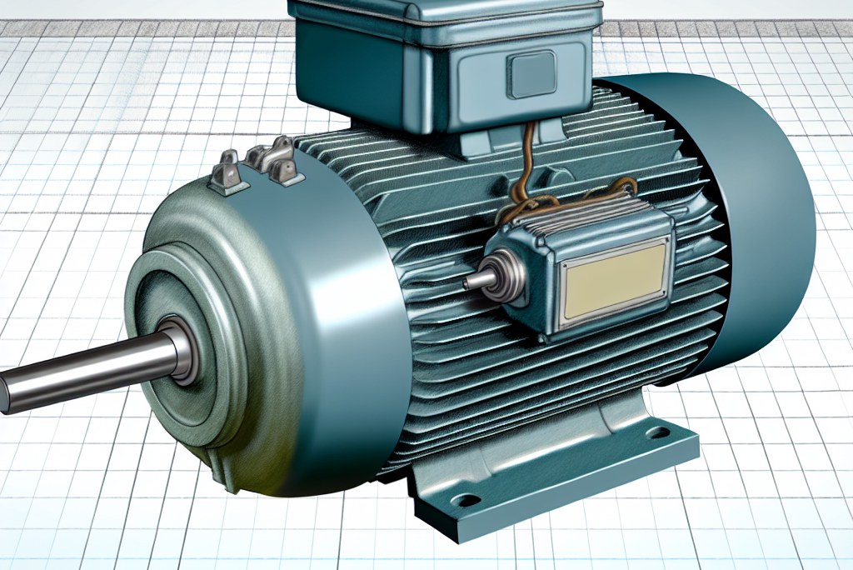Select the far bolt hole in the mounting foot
657,432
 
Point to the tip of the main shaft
7,392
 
